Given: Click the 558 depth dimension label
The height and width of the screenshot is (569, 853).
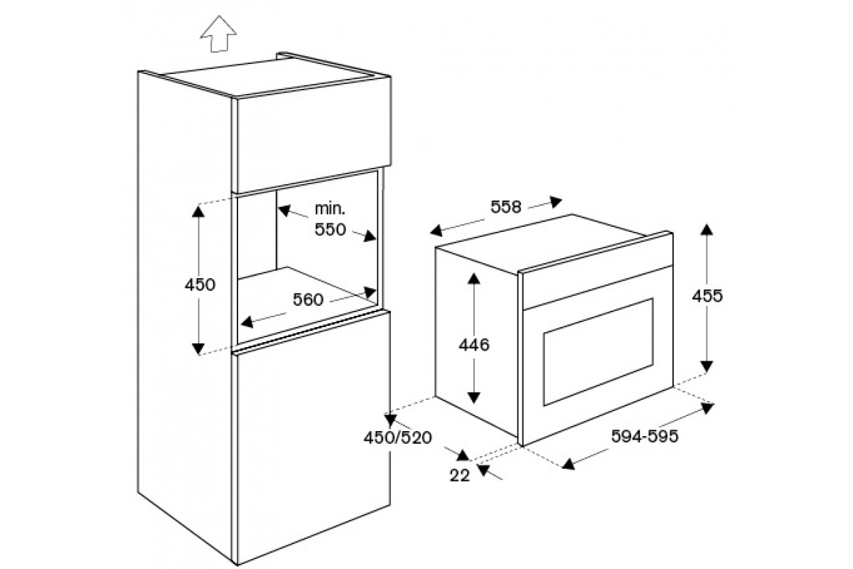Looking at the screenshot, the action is tap(505, 207).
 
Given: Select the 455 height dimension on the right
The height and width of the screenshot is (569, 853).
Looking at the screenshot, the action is tap(707, 296).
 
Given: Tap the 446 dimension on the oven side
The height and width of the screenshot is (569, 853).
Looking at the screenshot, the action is tap(473, 345).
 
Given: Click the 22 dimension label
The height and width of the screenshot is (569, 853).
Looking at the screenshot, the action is tap(460, 476).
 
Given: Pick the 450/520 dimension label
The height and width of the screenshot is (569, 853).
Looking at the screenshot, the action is tap(397, 437).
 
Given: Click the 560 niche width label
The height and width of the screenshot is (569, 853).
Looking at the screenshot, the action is tap(308, 300).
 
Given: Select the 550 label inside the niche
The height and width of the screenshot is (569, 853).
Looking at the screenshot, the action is tap(330, 230).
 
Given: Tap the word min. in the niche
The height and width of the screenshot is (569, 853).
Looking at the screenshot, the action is tap(330, 209).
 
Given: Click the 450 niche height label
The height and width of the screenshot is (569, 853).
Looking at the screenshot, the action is tap(200, 284).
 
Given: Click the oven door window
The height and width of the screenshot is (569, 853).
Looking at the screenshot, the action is tap(599, 352).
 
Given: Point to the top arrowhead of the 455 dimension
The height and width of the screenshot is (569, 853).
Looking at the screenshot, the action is tap(707, 230).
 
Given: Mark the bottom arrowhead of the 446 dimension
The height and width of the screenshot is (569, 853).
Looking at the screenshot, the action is tap(473, 398).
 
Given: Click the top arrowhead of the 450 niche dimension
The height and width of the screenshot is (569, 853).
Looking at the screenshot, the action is tap(198, 211).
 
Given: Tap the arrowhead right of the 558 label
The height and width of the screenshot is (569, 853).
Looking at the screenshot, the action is tap(557, 201).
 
